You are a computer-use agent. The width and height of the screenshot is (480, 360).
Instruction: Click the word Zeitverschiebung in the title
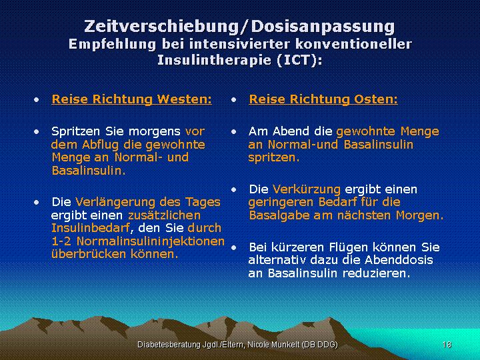[x=161, y=26]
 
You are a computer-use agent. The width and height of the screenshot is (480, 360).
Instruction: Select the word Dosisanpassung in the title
[x=323, y=27]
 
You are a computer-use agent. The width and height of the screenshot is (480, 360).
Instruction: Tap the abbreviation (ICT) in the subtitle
[x=299, y=60]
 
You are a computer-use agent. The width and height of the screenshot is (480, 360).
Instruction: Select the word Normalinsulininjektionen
[x=150, y=241]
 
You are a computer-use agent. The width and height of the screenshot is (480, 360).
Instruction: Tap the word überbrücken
[x=89, y=254]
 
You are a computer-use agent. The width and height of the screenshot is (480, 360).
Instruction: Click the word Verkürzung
[x=307, y=190]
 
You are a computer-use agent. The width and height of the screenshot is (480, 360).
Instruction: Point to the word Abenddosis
[x=399, y=260]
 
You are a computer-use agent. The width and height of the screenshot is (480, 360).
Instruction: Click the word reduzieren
[x=376, y=273]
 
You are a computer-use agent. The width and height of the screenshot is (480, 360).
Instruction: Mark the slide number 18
[x=447, y=345]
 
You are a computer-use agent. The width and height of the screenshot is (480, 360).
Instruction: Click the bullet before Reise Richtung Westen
[x=37, y=100]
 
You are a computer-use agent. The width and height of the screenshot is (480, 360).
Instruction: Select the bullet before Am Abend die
[x=234, y=132]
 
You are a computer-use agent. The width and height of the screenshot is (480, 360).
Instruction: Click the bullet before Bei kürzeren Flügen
[x=234, y=247]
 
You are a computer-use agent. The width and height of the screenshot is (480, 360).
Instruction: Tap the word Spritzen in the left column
[x=75, y=131]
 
